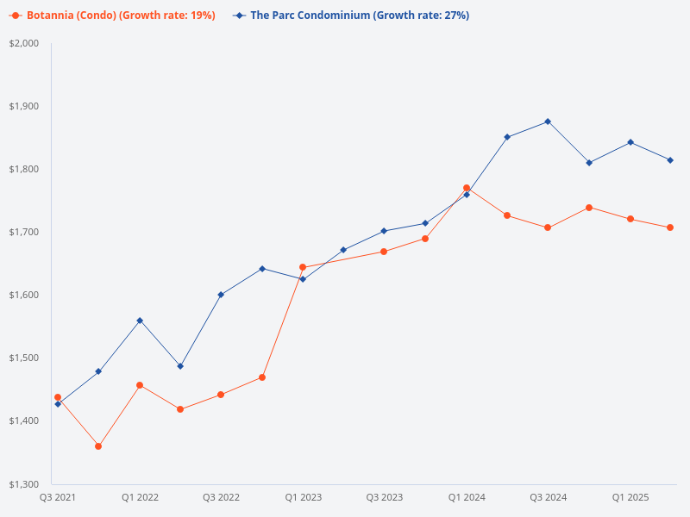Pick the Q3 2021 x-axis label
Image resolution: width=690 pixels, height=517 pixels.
pyautogui.click(x=58, y=497)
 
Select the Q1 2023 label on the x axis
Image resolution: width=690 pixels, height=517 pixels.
pyautogui.click(x=303, y=497)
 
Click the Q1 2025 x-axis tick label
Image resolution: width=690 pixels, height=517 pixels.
pyautogui.click(x=630, y=497)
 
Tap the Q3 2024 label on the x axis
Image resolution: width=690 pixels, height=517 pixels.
pyautogui.click(x=548, y=497)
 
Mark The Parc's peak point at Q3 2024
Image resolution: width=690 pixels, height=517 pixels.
pyautogui.click(x=548, y=121)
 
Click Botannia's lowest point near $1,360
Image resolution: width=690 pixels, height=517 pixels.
pyautogui.click(x=98, y=446)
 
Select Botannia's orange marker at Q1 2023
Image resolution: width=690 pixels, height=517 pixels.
pyautogui.click(x=303, y=267)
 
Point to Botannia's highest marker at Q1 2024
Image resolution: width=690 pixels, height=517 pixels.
pyautogui.click(x=467, y=188)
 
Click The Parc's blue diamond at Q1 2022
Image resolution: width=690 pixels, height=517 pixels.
pyautogui.click(x=140, y=321)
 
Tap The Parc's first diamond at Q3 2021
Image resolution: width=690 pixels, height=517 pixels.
pyautogui.click(x=58, y=404)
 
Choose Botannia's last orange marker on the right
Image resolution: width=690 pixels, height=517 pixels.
pyautogui.click(x=670, y=227)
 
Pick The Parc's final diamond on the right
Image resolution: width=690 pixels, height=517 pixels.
pyautogui.click(x=670, y=160)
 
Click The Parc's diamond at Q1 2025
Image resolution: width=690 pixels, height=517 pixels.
pyautogui.click(x=630, y=142)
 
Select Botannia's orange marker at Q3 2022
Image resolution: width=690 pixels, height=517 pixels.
pyautogui.click(x=221, y=395)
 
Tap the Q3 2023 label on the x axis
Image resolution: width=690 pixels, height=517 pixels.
pyautogui.click(x=384, y=497)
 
